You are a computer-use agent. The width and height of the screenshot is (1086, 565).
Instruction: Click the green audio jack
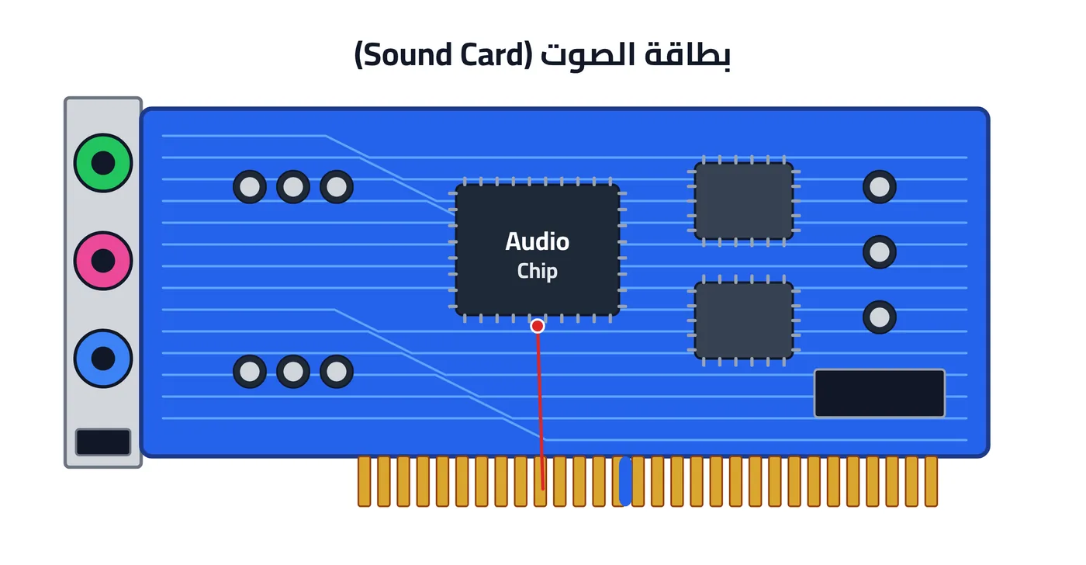click(x=102, y=163)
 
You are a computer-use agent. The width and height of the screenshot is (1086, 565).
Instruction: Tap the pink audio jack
click(x=102, y=261)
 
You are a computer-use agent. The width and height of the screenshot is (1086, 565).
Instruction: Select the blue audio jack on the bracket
click(x=102, y=359)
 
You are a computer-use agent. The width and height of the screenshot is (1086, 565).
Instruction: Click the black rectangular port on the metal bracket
click(x=102, y=442)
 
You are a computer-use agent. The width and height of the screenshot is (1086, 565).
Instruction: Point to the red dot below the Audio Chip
click(x=537, y=327)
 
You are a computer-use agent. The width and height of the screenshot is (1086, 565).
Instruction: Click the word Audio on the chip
click(x=537, y=241)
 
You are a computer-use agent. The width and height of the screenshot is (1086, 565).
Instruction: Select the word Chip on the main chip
click(x=537, y=271)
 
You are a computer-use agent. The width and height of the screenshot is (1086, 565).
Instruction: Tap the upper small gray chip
click(x=744, y=201)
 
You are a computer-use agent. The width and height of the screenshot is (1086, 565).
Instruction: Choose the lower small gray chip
click(x=744, y=321)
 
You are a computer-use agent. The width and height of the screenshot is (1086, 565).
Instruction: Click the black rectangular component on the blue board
click(x=880, y=393)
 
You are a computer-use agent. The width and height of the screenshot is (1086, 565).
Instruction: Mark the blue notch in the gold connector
click(x=625, y=481)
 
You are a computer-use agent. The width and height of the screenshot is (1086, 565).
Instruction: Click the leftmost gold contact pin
click(x=364, y=482)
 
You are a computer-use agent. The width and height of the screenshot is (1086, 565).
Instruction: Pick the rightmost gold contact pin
click(x=931, y=482)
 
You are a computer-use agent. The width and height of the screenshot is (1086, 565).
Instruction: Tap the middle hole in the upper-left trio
click(x=293, y=187)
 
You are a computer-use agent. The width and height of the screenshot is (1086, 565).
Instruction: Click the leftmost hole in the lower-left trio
click(x=250, y=372)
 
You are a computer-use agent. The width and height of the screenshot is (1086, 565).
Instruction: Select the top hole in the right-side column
click(x=880, y=187)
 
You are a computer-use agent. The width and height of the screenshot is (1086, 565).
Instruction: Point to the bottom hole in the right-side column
click(x=880, y=317)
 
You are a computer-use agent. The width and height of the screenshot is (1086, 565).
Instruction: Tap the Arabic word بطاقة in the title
click(x=687, y=55)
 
